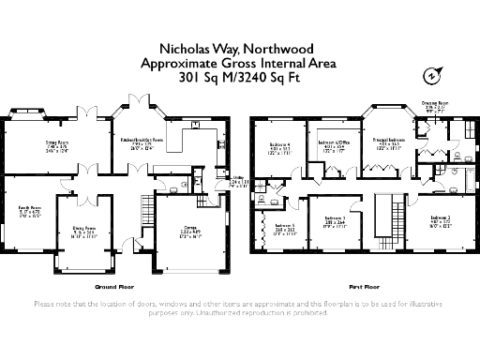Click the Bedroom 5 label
284,226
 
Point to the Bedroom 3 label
335,219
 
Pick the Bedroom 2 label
441,219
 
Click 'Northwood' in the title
271,48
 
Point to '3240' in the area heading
266,78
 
